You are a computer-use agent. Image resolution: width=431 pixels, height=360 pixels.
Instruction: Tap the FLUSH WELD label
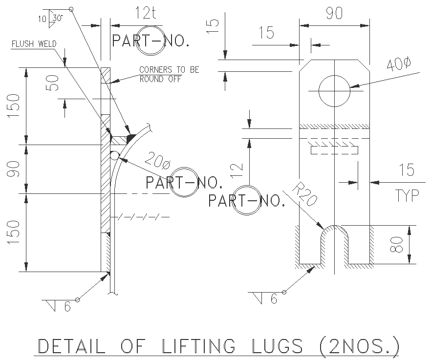tap(34, 44)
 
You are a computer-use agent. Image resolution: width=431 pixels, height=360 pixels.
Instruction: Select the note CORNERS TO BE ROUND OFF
tap(169, 74)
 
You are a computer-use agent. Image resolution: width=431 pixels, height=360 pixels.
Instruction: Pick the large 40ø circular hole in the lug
tap(334, 90)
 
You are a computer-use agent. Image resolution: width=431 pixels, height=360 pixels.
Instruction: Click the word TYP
tap(407, 195)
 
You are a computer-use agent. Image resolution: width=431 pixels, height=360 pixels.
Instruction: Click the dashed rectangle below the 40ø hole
tap(334, 150)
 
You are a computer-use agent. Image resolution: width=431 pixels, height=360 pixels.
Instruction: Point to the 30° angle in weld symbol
tap(58, 18)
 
